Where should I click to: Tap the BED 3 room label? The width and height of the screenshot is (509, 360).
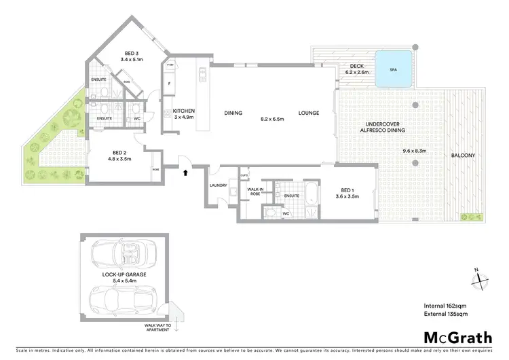click(x=132, y=54)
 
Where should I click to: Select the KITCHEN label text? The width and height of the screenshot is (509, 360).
click(x=184, y=111)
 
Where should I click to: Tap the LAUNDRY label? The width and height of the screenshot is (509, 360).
click(x=219, y=185)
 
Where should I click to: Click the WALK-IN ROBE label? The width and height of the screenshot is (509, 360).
click(x=255, y=192)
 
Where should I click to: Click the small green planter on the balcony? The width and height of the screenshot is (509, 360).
click(x=471, y=217)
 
